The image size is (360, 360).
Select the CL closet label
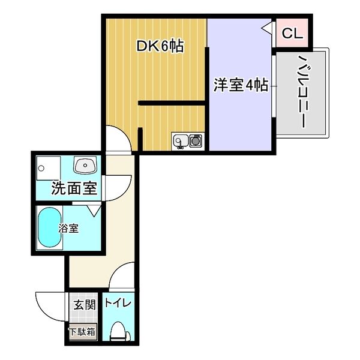pos(292,34)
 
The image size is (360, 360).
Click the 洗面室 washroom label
pos(74,189)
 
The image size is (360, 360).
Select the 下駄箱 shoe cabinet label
pos(82,331)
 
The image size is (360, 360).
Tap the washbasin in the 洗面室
pos(84,164)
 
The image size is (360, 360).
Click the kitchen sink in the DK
pos(179,141)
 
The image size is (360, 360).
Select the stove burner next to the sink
pos(196,141)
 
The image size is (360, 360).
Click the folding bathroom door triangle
pos(94,210)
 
